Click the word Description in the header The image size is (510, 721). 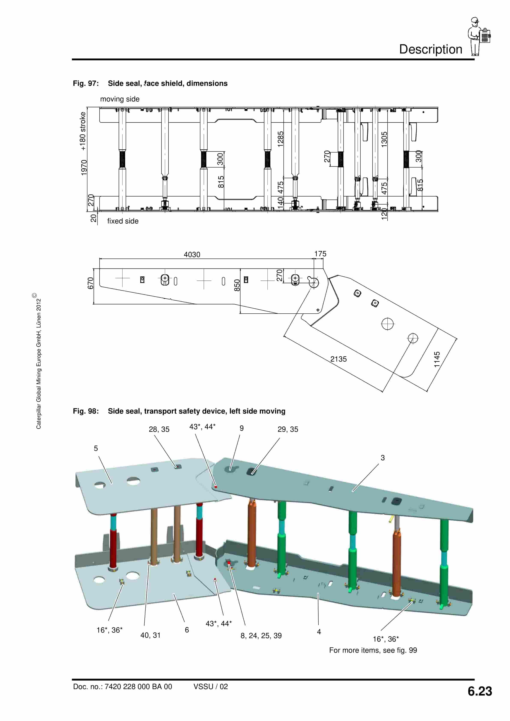tap(430, 49)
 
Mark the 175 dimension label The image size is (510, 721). tap(320, 254)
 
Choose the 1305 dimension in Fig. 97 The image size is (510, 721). tap(384, 139)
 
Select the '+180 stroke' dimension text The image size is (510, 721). tap(83, 131)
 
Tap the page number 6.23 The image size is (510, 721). tap(480, 691)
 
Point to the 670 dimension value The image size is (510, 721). tap(91, 283)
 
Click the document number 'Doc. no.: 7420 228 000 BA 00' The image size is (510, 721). tap(123, 687)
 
